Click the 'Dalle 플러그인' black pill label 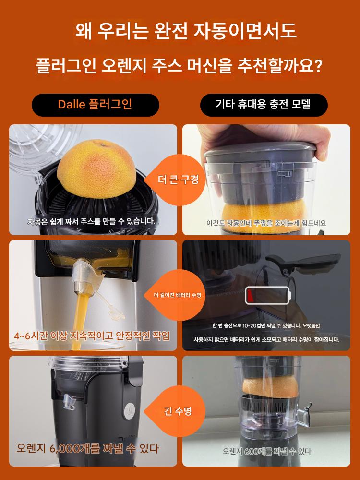click(x=95, y=105)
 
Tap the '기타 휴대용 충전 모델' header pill click(x=264, y=105)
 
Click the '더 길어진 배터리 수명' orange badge click(x=178, y=295)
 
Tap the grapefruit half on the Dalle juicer click(x=96, y=169)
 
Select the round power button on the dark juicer click(x=129, y=410)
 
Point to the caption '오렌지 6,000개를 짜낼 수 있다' click(x=88, y=449)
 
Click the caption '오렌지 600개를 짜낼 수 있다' click(x=266, y=451)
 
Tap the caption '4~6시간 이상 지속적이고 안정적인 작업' click(x=92, y=336)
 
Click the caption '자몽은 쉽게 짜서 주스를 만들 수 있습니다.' click(x=92, y=221)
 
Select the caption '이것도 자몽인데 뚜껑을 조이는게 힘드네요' click(x=266, y=223)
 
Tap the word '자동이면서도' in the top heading click(x=245, y=31)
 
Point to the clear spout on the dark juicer click(x=69, y=403)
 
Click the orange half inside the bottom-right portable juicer click(x=270, y=387)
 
